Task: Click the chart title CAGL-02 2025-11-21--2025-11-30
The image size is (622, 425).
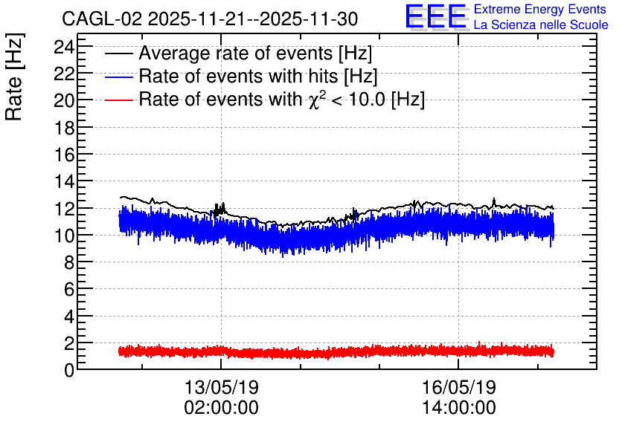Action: [x=210, y=19]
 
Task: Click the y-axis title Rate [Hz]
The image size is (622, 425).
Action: [x=15, y=77]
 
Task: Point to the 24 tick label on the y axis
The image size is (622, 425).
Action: [x=64, y=48]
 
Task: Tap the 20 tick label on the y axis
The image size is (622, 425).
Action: [x=64, y=101]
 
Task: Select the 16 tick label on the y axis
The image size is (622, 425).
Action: [x=64, y=155]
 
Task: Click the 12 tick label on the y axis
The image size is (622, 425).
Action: [x=64, y=209]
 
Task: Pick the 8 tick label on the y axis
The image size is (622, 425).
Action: [x=69, y=262]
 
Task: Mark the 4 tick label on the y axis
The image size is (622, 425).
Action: [x=69, y=316]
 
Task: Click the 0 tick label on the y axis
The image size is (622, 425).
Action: [x=69, y=370]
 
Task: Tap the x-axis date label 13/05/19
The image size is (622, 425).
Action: [x=222, y=387]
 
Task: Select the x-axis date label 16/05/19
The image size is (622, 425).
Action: [x=458, y=387]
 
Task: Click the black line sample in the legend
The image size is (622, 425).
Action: [x=118, y=54]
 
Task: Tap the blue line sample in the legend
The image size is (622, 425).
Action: [x=118, y=77]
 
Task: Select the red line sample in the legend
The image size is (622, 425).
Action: [x=118, y=100]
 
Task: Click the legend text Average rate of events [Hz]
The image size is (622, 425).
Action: [x=255, y=53]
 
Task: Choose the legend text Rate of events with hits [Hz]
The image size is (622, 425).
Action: [x=258, y=77]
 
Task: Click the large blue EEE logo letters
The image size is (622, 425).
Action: [x=436, y=16]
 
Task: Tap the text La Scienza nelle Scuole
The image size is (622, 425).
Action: [x=541, y=25]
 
